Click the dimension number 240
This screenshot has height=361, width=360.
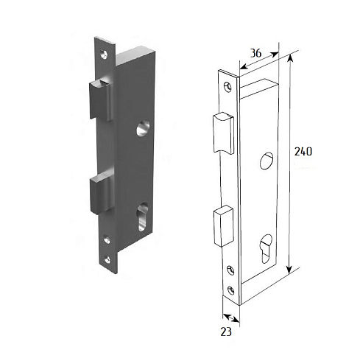coord(303,152)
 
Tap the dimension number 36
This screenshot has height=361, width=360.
coord(255,53)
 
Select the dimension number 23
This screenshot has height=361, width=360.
coord(226,332)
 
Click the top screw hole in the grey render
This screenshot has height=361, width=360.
coord(104,55)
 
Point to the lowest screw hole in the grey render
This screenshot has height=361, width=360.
coord(107,259)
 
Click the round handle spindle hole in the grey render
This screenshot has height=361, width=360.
coord(143,128)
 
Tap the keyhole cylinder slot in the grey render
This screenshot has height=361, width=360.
coord(143,217)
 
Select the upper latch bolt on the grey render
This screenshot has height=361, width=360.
coord(101,100)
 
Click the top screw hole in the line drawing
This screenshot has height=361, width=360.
coord(227,88)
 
